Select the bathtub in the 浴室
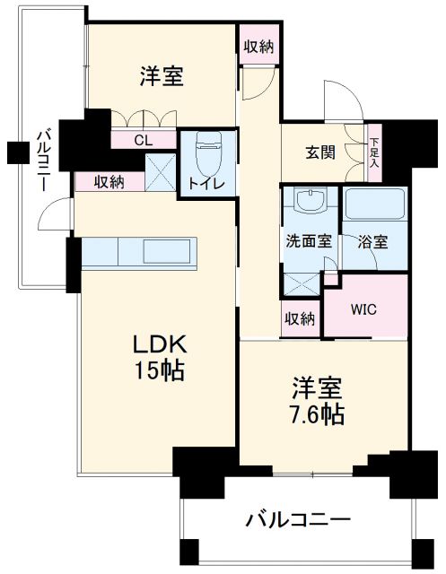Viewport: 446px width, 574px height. (x=374, y=204)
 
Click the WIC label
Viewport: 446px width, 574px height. (x=363, y=309)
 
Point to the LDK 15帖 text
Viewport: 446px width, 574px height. (x=160, y=358)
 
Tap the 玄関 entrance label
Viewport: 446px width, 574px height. (x=320, y=152)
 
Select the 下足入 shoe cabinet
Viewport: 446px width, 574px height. (x=374, y=152)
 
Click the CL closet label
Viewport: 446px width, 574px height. (x=144, y=140)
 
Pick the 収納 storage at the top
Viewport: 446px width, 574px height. (x=258, y=46)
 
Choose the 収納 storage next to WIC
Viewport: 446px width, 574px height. (x=300, y=319)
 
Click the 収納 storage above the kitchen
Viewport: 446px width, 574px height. (x=109, y=182)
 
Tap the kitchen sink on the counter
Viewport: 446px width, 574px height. (x=167, y=251)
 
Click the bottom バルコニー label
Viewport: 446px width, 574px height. (x=298, y=520)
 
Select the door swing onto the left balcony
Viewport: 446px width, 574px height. (x=54, y=213)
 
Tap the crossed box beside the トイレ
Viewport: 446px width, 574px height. (x=161, y=172)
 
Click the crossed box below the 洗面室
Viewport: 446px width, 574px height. (x=302, y=284)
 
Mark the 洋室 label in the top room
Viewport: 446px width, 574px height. (x=162, y=75)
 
